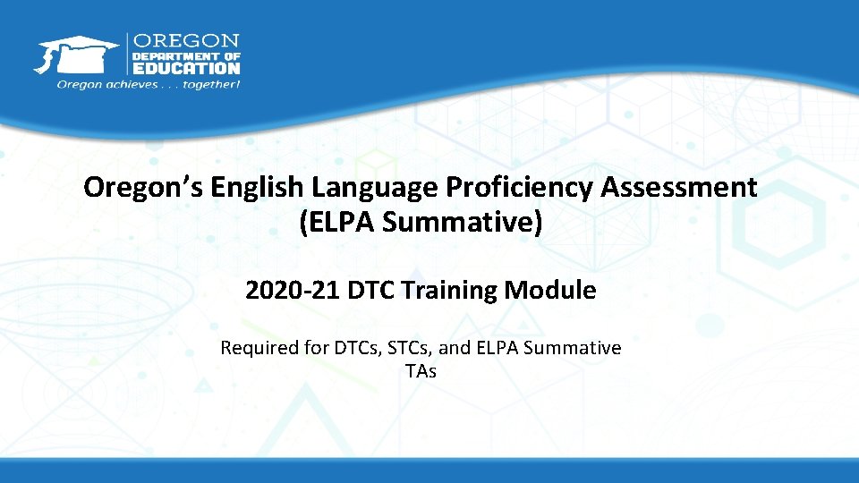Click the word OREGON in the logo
[x=186, y=40]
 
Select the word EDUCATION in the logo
[x=186, y=67]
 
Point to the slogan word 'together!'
[x=211, y=85]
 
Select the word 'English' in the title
[x=259, y=188]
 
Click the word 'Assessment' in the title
[x=679, y=188]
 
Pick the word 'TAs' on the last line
[x=421, y=370]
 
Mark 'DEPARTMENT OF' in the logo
[x=186, y=55]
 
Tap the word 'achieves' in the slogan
[x=123, y=85]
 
